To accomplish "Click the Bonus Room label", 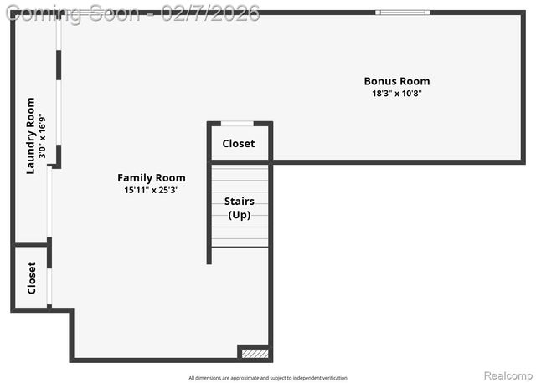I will (x=396, y=81).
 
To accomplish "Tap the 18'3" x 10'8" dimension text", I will (x=396, y=94).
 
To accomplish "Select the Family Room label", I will (x=151, y=177).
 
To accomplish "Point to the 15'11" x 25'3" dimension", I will (x=151, y=190).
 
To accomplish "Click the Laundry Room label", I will (x=30, y=136).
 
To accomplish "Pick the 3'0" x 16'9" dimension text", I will (x=42, y=136).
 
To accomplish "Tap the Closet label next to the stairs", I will (x=238, y=144).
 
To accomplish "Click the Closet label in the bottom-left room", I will (x=31, y=278).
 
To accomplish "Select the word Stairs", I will (x=239, y=201).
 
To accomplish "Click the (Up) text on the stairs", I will (x=239, y=215).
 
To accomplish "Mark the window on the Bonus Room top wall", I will (x=402, y=13).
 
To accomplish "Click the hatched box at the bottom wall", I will (x=255, y=354).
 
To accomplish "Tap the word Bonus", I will (x=379, y=81).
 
